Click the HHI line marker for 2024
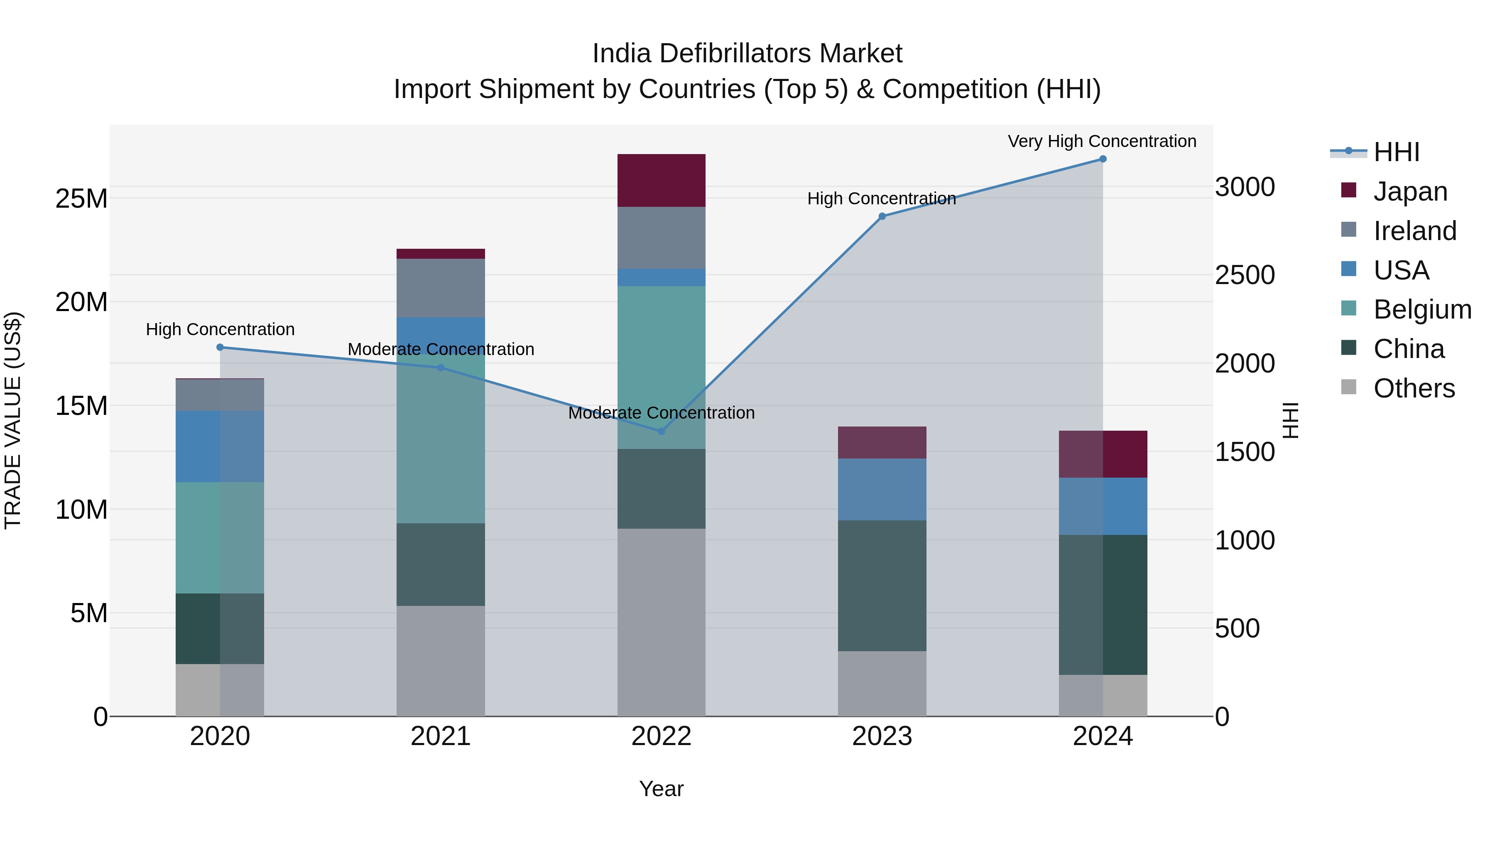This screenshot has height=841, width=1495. pos(1103,159)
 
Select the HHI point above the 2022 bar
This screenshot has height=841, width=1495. pos(661,431)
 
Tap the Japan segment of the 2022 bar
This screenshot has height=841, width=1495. pos(661,181)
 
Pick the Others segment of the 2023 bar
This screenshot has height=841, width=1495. pos(882,684)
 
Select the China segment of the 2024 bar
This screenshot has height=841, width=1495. pos(1103,604)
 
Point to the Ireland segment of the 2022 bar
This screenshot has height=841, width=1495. pos(661,238)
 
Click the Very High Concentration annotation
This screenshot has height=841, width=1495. pos(1101,142)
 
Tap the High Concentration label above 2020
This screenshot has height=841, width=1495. pos(220,330)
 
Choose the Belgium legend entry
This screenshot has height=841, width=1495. pos(1422,309)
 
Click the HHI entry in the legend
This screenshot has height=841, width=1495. pos(1396,152)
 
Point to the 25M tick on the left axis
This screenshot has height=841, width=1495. pos(81,199)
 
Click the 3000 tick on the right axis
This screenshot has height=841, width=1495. pos(1245,187)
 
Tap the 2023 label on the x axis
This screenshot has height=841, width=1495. pos(882,736)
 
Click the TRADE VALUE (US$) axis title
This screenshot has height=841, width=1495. pos(13,420)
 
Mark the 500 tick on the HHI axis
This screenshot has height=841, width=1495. pos(1238,629)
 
